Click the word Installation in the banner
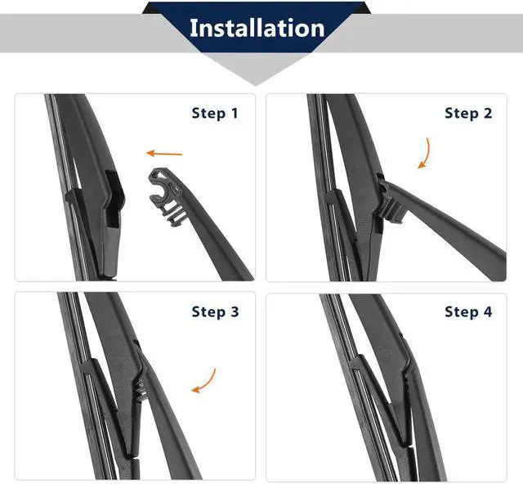[x=257, y=28]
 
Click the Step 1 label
[x=215, y=113]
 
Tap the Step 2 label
[x=468, y=113]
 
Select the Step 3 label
[x=215, y=311]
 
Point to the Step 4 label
[x=468, y=311]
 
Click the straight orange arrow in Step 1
[x=164, y=154]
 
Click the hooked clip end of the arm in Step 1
[x=167, y=196]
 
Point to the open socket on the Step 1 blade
[x=114, y=199]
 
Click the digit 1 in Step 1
[x=235, y=113]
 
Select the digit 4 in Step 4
[x=488, y=311]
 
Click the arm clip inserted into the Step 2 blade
[x=391, y=199]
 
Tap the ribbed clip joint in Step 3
[x=141, y=389]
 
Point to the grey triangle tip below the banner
[x=256, y=85]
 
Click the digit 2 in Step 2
[x=488, y=113]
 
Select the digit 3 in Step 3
[x=235, y=311]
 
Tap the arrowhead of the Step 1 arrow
[x=150, y=153]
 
